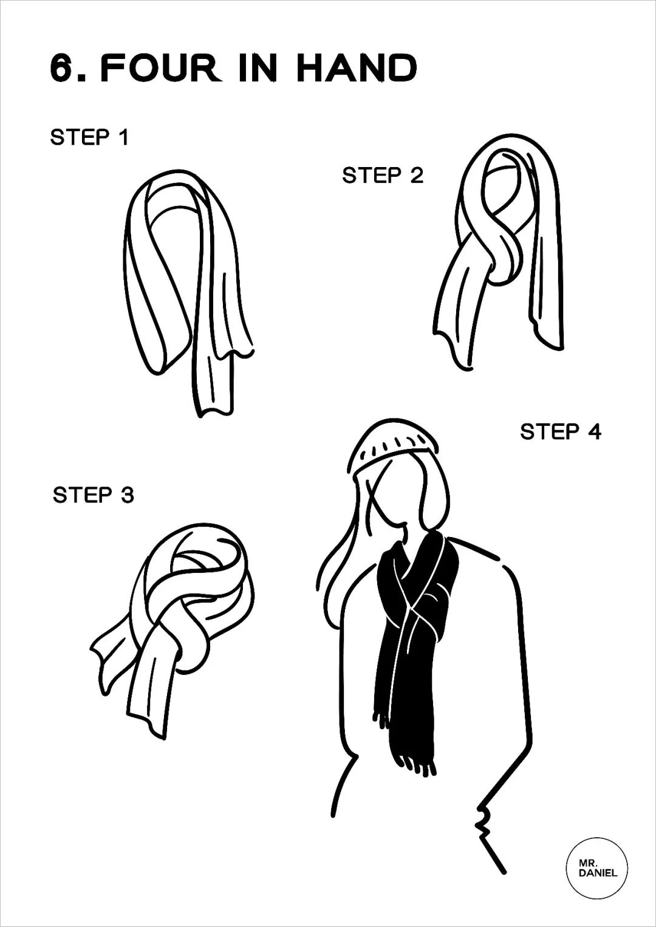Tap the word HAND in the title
tap(357, 68)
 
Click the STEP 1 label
tap(89, 137)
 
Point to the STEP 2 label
tap(383, 176)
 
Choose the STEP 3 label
tap(94, 495)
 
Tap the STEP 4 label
tap(561, 432)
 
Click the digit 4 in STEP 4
tap(593, 432)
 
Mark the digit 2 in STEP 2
tap(416, 176)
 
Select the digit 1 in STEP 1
tap(123, 137)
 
